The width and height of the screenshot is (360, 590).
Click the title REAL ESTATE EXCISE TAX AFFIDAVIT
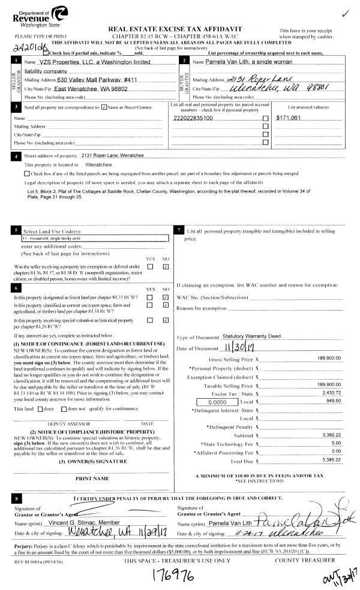click(x=180, y=29)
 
